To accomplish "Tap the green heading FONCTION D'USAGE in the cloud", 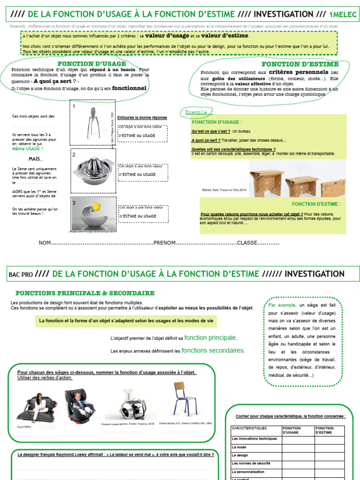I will (x=91, y=64).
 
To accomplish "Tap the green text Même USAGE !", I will (x=28, y=149).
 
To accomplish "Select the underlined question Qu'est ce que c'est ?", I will (x=210, y=131).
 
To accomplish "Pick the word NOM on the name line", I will (x=44, y=243).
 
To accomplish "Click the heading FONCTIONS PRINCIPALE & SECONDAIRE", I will (x=85, y=293).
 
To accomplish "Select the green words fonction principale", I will (x=210, y=337).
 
